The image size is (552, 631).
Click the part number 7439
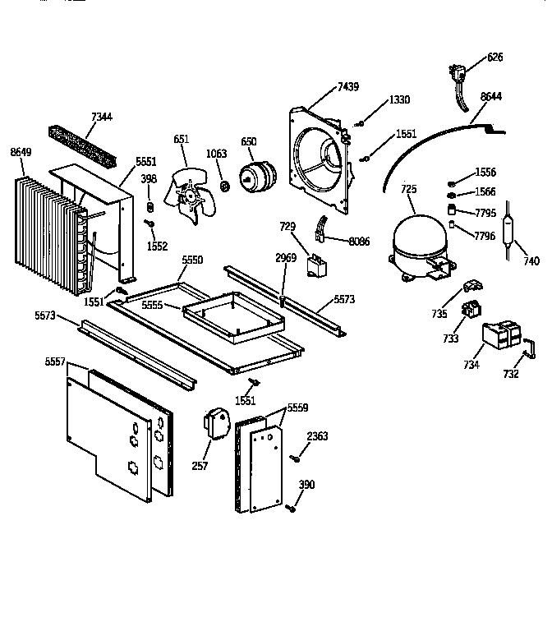coord(348,88)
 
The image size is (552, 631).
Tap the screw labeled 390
coord(291,510)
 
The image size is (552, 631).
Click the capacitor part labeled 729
coord(315,264)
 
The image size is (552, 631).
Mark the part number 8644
coord(490,96)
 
